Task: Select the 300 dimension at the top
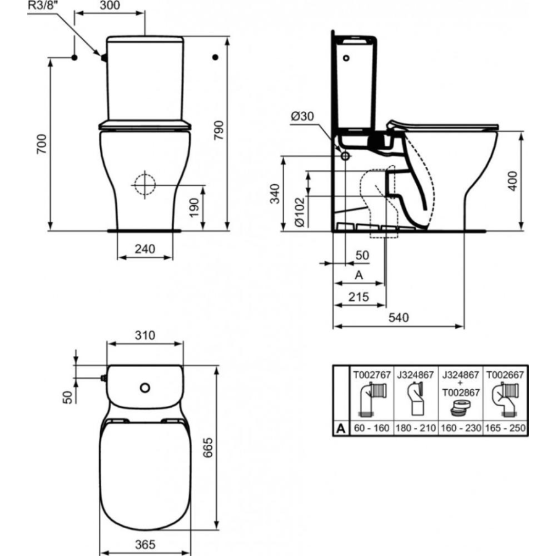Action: click(x=109, y=6)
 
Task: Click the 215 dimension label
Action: click(x=358, y=297)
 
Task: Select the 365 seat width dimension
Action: click(x=145, y=544)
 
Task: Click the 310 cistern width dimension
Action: click(x=145, y=335)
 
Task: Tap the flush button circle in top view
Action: click(x=145, y=388)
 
